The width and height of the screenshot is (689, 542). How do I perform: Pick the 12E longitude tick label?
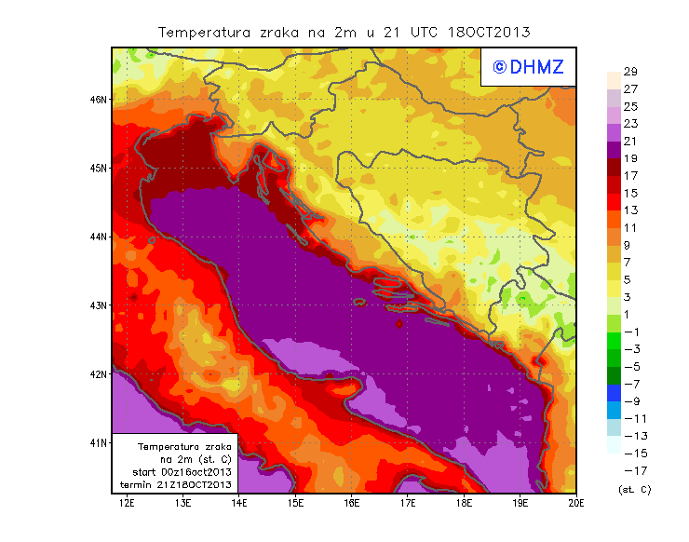(x=127, y=503)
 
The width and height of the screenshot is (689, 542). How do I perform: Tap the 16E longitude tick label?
(x=352, y=503)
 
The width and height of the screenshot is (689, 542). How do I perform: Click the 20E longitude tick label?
(x=575, y=503)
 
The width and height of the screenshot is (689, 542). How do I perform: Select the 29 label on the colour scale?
(x=629, y=72)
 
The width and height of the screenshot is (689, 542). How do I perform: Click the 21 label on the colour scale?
(x=629, y=141)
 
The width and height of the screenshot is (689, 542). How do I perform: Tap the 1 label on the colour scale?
(x=626, y=314)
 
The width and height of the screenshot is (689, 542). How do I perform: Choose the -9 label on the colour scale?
(x=630, y=401)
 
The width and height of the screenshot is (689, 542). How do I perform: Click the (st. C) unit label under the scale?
(x=633, y=489)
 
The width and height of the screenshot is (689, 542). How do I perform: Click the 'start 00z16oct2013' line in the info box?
(x=176, y=472)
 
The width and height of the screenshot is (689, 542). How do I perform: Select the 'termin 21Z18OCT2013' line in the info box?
(x=176, y=484)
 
